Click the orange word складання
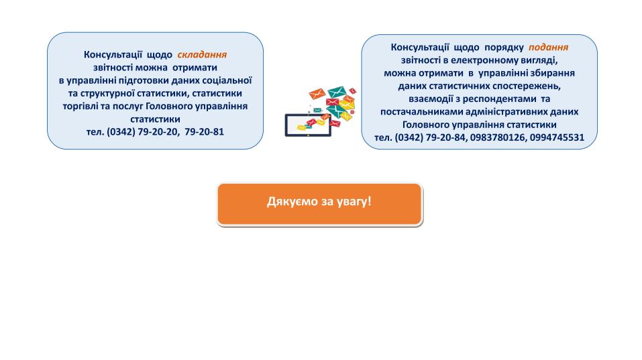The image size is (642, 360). pos(202,55)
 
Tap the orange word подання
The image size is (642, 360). pos(548,48)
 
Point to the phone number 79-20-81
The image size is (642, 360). pos(205,131)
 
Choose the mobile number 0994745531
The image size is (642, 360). pos(557,137)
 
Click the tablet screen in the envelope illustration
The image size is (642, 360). pos(308,125)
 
